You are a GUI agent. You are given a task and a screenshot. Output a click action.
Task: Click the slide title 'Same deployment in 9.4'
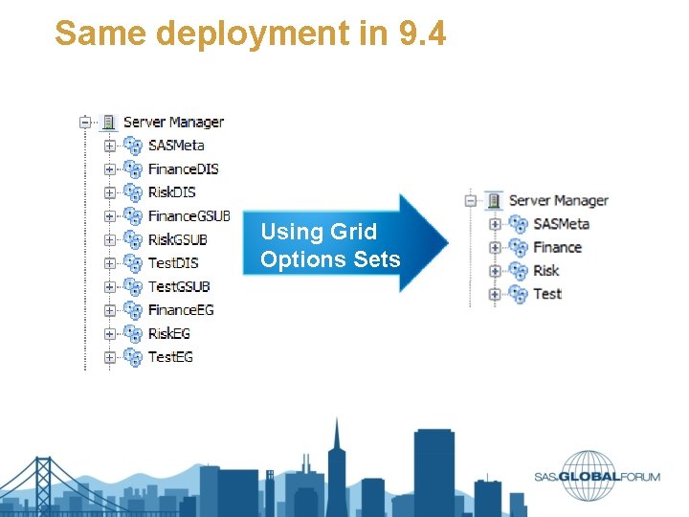[250, 34]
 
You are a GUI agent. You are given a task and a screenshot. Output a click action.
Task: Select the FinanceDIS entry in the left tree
[183, 169]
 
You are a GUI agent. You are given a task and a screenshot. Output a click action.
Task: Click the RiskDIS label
[171, 192]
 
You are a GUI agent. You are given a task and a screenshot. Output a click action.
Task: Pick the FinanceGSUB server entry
[189, 215]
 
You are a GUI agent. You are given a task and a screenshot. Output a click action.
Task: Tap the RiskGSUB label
[177, 239]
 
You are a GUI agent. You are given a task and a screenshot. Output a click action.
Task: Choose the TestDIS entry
[173, 262]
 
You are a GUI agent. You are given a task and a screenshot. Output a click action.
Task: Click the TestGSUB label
[179, 286]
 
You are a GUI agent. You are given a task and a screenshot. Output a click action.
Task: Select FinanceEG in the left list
[181, 310]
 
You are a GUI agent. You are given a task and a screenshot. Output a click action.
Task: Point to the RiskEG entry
[169, 333]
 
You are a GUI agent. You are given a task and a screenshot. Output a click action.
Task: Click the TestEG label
[170, 357]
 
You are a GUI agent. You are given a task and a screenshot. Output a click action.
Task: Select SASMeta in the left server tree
[176, 146]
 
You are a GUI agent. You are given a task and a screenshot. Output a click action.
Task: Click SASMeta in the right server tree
[561, 224]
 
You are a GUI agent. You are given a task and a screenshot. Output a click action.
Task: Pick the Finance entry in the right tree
[557, 247]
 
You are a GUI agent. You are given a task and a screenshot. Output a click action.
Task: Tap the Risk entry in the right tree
[546, 271]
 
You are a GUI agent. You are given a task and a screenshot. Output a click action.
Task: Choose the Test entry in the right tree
[547, 294]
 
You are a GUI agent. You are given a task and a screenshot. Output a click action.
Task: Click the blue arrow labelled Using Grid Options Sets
[344, 244]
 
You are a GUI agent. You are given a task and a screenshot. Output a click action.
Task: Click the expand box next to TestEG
[110, 357]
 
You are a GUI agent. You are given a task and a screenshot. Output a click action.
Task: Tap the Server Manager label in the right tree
[558, 200]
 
